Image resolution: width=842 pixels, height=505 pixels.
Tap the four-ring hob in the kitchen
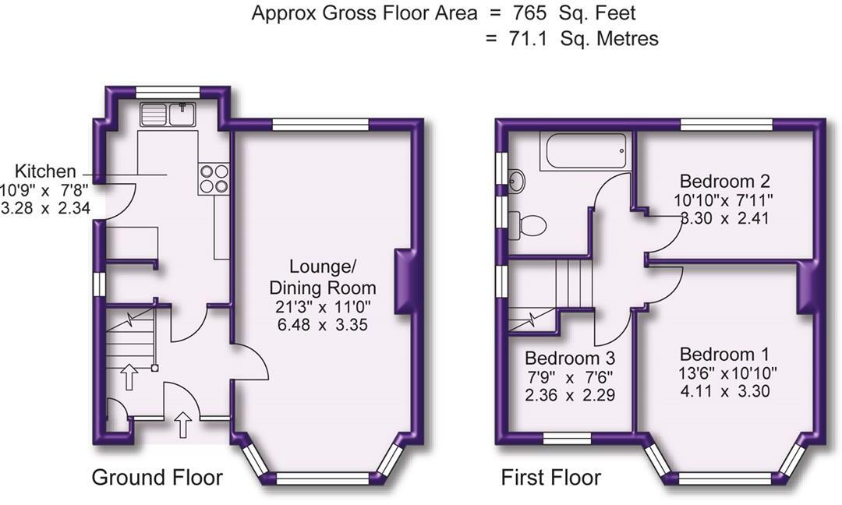(x=214, y=179)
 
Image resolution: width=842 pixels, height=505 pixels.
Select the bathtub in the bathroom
(x=584, y=150)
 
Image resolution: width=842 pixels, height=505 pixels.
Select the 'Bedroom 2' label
(x=724, y=182)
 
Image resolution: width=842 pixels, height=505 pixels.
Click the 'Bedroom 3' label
(x=570, y=358)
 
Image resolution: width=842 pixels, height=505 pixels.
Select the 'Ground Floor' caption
(x=157, y=477)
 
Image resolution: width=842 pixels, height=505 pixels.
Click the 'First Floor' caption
(x=550, y=477)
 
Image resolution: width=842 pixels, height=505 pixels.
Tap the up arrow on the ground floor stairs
(x=129, y=377)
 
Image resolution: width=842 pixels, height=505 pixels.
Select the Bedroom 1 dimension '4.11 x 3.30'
(x=724, y=390)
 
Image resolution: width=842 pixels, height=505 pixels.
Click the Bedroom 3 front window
(x=567, y=440)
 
